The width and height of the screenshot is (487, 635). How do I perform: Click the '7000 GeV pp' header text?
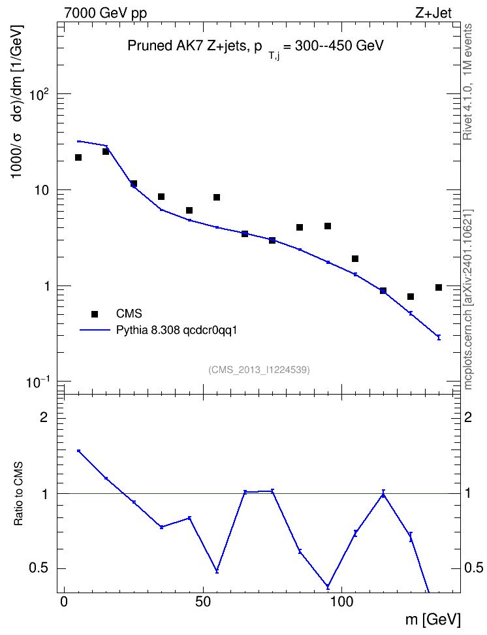[x=105, y=13]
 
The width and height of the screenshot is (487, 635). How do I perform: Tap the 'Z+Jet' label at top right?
[x=433, y=13]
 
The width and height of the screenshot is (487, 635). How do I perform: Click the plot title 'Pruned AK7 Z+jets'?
[x=185, y=46]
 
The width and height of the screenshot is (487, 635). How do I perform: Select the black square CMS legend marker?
[x=95, y=314]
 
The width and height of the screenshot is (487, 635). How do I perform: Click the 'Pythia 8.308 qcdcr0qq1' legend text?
[x=176, y=331]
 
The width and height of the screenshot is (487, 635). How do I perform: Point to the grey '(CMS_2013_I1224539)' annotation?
[x=259, y=370]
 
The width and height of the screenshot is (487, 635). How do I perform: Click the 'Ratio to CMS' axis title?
[x=18, y=493]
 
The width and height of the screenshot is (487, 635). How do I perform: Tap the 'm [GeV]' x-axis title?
[x=433, y=619]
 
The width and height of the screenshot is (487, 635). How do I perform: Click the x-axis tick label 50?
[x=203, y=602]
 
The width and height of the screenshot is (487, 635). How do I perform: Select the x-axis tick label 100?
[x=341, y=602]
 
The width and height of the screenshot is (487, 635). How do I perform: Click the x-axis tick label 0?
[x=64, y=602]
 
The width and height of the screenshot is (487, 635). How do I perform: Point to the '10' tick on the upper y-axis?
[x=41, y=190]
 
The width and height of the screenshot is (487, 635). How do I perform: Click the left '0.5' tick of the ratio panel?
[x=39, y=568]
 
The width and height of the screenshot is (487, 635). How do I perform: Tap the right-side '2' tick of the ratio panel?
[x=468, y=417]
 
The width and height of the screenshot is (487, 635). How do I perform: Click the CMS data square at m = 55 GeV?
[x=217, y=197]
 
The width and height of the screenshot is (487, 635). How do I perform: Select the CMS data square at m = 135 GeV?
[x=439, y=287]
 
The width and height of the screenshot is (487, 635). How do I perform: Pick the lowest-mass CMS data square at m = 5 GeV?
[x=78, y=157]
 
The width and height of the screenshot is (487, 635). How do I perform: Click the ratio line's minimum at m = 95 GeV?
[x=328, y=587]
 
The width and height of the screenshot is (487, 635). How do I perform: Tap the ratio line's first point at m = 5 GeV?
[x=78, y=451]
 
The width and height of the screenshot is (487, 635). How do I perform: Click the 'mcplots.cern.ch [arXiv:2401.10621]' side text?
[x=468, y=300]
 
